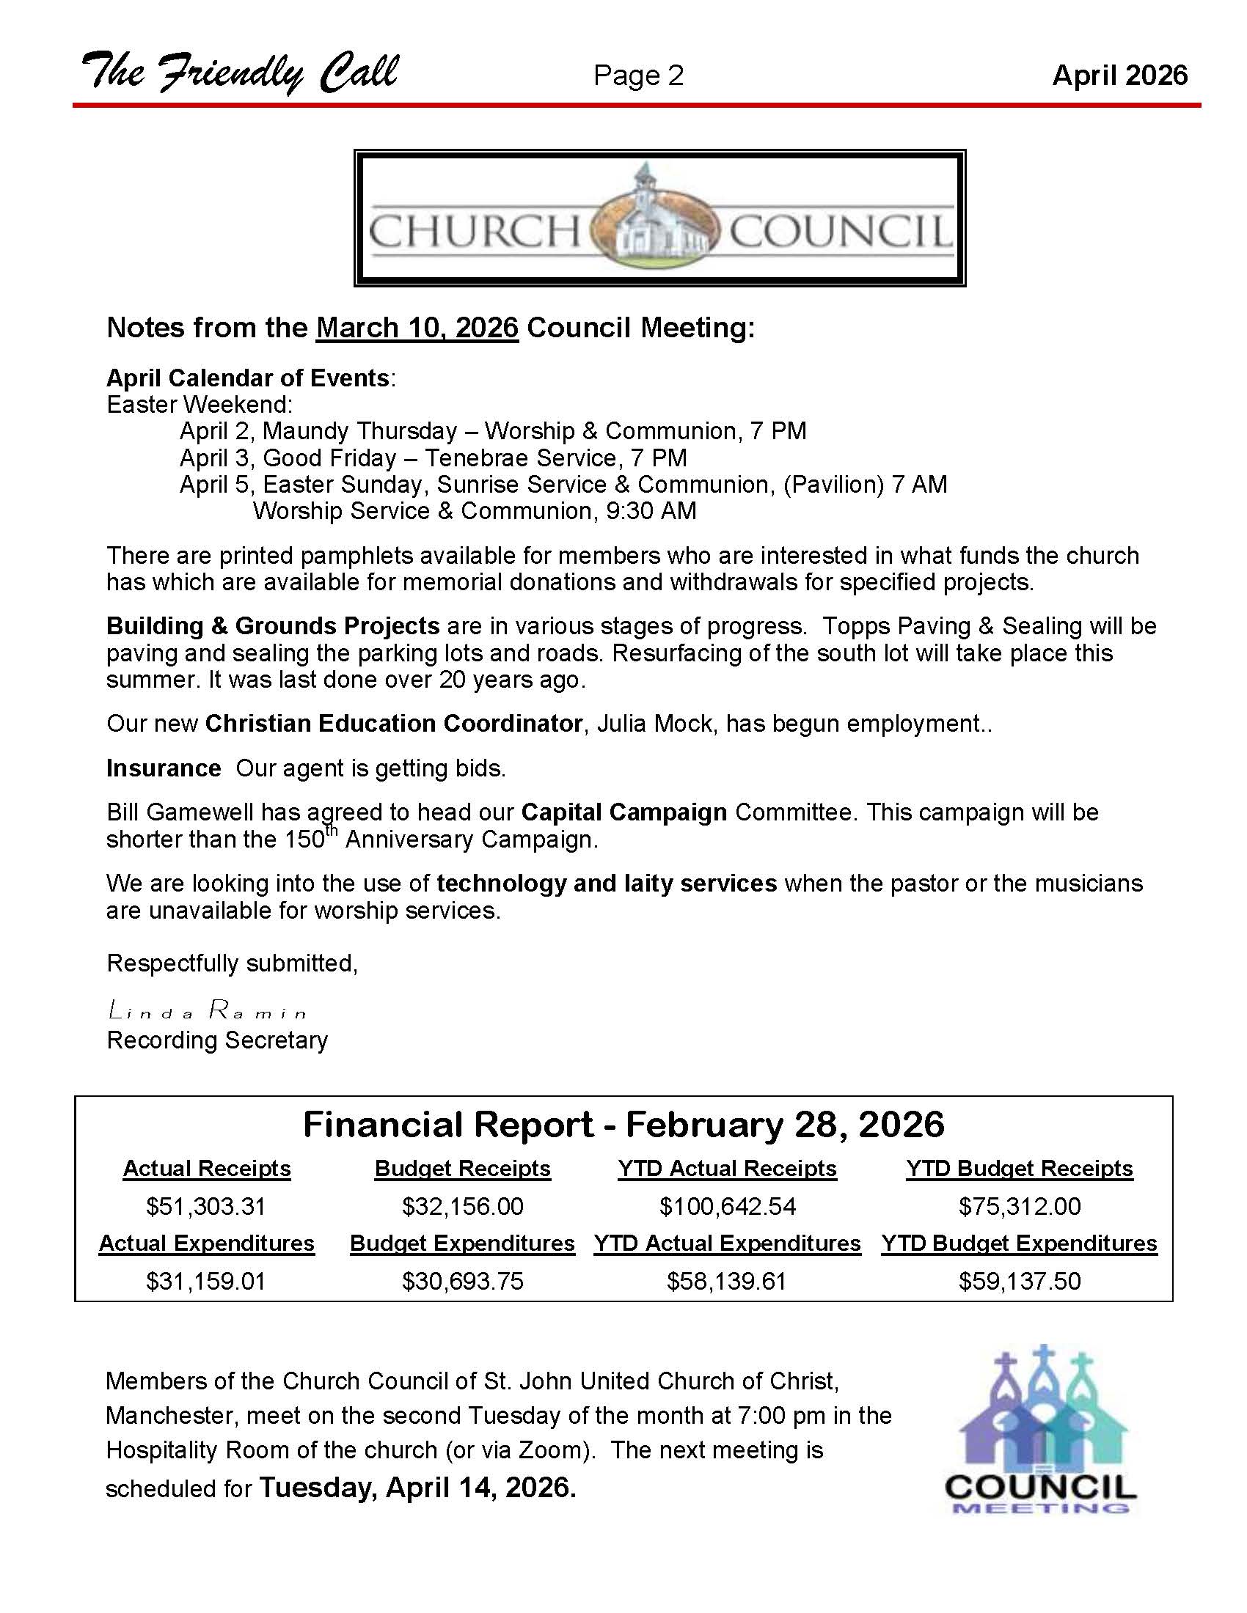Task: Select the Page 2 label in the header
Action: (638, 76)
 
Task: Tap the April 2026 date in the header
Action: (1119, 76)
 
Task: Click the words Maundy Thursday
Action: (359, 430)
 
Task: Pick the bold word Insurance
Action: (164, 768)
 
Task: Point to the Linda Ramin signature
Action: (207, 1010)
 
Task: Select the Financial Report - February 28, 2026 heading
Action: (623, 1124)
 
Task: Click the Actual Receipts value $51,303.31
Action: (205, 1206)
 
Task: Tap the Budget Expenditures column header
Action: (461, 1243)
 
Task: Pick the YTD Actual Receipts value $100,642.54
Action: (727, 1206)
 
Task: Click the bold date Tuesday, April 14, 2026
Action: (417, 1487)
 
